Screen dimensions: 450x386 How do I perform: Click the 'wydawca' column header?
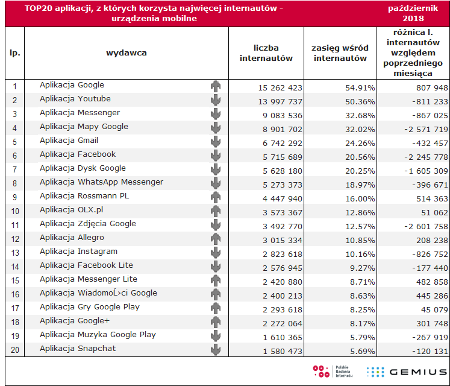pyautogui.click(x=127, y=53)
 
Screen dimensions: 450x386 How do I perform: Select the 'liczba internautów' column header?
pyautogui.click(x=266, y=53)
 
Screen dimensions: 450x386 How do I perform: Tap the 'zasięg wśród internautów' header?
pyautogui.click(x=340, y=53)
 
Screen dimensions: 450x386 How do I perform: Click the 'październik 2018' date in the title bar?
pyautogui.click(x=413, y=13)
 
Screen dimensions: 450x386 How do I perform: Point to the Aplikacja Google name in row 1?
pyautogui.click(x=72, y=85)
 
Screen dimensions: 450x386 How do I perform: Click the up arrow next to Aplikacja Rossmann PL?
pyautogui.click(x=216, y=197)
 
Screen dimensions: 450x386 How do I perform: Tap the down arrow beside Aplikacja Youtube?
pyautogui.click(x=216, y=100)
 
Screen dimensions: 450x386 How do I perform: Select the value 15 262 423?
pyautogui.click(x=280, y=87)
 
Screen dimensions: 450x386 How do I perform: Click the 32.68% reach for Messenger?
pyautogui.click(x=360, y=116)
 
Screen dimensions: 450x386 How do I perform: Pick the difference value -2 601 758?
pyautogui.click(x=426, y=227)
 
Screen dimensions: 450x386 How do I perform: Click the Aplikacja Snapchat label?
pyautogui.click(x=78, y=349)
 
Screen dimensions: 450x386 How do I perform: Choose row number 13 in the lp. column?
pyautogui.click(x=15, y=253)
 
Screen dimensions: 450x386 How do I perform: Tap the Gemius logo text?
pyautogui.click(x=418, y=372)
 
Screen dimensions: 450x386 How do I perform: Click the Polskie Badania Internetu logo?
pyautogui.click(x=333, y=372)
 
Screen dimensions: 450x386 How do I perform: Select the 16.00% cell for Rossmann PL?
pyautogui.click(x=360, y=198)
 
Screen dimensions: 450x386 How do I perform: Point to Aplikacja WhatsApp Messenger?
pyautogui.click(x=101, y=182)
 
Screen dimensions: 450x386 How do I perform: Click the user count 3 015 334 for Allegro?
pyautogui.click(x=283, y=240)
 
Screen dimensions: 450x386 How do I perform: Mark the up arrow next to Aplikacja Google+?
pyautogui.click(x=216, y=322)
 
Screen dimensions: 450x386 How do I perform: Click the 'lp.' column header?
pyautogui.click(x=15, y=53)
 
